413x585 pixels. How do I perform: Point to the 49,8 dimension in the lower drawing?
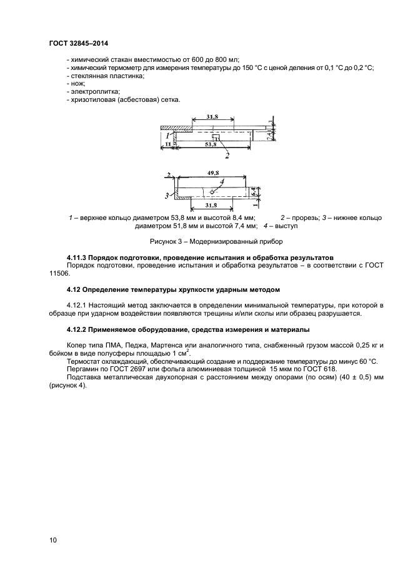[x=214, y=174]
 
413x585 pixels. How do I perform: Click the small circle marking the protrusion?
[x=212, y=192]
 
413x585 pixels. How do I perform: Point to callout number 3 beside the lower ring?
[x=167, y=196]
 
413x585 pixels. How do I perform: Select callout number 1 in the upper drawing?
[x=167, y=134]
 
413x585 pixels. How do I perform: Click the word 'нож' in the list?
[x=77, y=83]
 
